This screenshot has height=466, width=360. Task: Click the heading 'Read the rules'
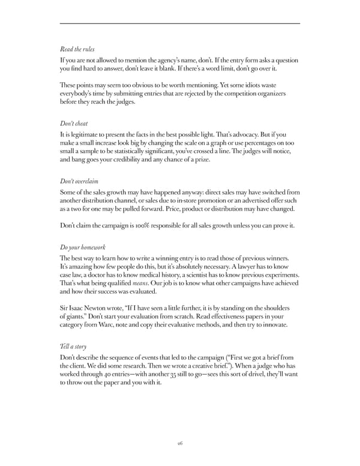pos(78,50)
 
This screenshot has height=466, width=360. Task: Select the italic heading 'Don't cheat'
pos(74,123)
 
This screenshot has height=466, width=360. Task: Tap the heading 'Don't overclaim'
pos(79,181)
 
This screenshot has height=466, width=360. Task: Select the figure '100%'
pos(155,226)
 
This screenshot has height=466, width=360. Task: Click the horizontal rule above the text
pos(180,23)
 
